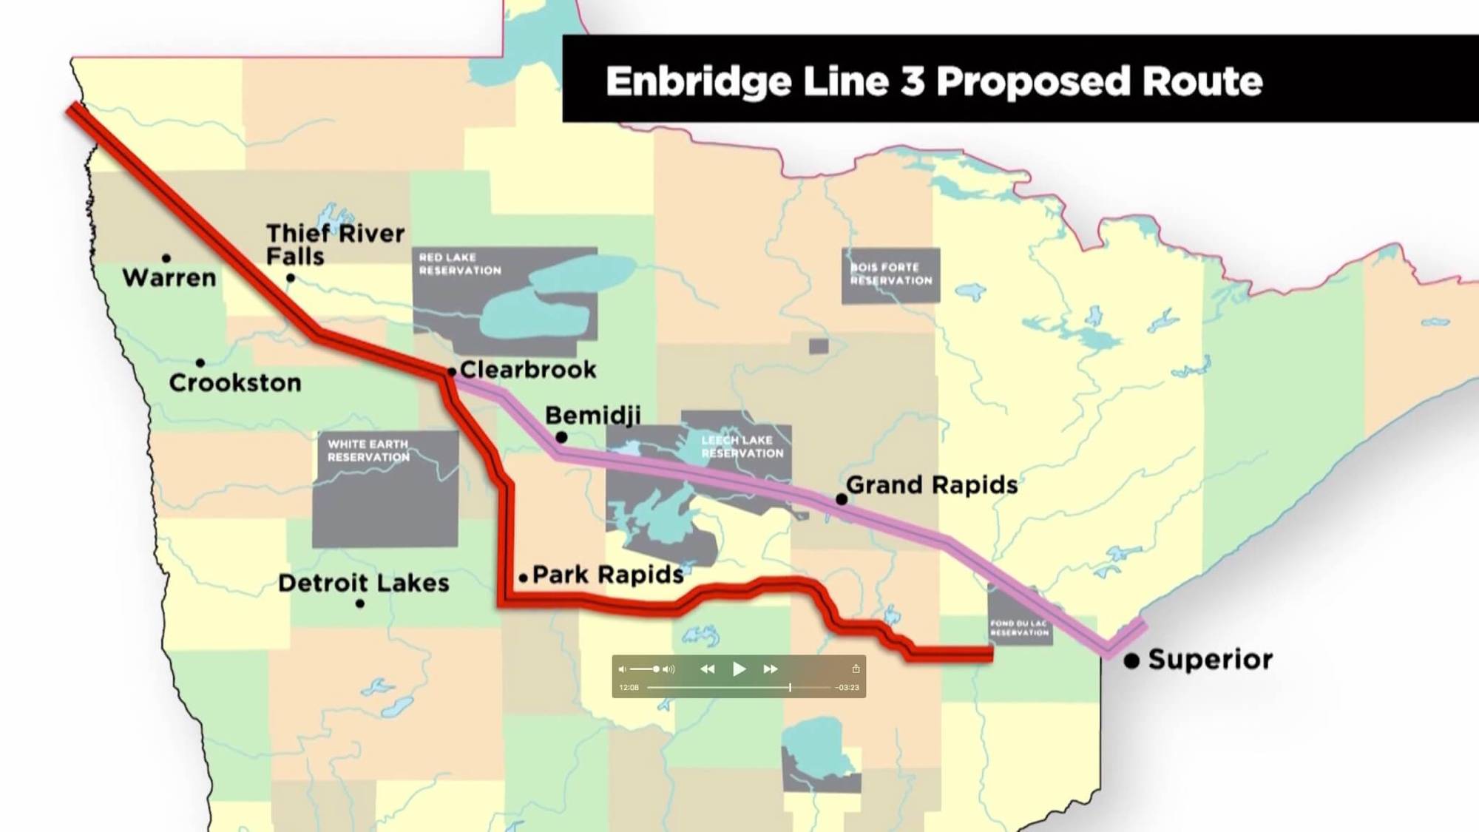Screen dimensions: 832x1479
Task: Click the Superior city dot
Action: click(1131, 660)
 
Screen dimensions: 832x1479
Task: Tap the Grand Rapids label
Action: click(932, 485)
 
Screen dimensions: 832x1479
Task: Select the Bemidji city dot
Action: click(561, 437)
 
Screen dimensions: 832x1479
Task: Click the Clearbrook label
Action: click(528, 369)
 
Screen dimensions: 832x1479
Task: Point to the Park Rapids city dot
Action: click(523, 578)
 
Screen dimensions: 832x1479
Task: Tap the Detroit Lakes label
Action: click(364, 583)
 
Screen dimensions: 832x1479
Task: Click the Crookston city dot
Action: click(200, 362)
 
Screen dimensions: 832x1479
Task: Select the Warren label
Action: click(169, 278)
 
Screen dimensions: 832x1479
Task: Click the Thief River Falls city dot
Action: click(291, 278)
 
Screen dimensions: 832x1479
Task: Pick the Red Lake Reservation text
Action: click(460, 264)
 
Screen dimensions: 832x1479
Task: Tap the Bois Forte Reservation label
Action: click(891, 274)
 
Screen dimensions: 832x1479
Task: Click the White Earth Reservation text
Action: click(368, 450)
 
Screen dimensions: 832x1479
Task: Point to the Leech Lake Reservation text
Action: click(742, 447)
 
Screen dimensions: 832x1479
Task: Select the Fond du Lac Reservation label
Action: click(1020, 628)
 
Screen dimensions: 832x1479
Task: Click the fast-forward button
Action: click(771, 669)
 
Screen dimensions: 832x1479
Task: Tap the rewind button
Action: click(708, 669)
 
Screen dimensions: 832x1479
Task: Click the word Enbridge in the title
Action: click(698, 81)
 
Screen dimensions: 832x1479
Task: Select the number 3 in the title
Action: click(913, 81)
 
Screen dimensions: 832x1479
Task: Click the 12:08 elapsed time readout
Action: click(629, 688)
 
